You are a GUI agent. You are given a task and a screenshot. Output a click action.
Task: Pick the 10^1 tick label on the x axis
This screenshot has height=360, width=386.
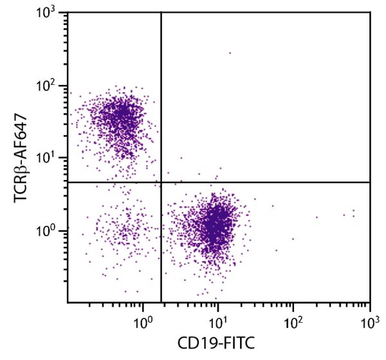pos(218,319)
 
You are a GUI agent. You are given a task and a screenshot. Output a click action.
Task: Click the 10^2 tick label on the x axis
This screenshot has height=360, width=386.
pos(293,319)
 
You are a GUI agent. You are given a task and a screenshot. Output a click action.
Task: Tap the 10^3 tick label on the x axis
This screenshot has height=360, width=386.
pos(369,319)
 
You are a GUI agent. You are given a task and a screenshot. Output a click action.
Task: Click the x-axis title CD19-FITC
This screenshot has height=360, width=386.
pos(219,345)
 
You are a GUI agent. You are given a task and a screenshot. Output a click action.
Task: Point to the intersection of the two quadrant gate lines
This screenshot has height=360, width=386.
pos(161,183)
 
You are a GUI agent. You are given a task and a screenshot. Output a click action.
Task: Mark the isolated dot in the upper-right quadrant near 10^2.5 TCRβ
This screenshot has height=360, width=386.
pos(230,53)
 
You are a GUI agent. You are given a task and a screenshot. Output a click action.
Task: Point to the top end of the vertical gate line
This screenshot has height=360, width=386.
pos(161,14)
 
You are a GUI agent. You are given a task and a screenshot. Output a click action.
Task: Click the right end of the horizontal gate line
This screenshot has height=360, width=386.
pos(369,183)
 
